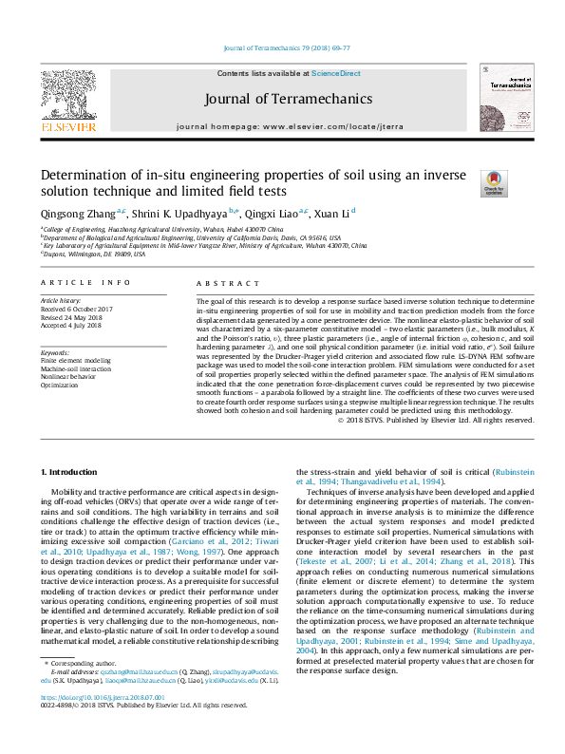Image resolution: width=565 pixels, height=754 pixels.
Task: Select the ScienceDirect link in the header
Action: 336,73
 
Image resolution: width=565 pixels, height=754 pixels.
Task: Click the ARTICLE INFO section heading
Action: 85,283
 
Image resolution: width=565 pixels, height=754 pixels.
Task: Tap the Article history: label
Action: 62,300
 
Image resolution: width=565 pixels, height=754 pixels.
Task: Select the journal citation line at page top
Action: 286,47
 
